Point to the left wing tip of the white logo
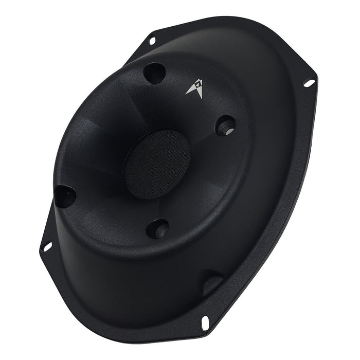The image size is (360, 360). click(x=187, y=94)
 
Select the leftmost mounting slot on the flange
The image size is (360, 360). click(x=47, y=246)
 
